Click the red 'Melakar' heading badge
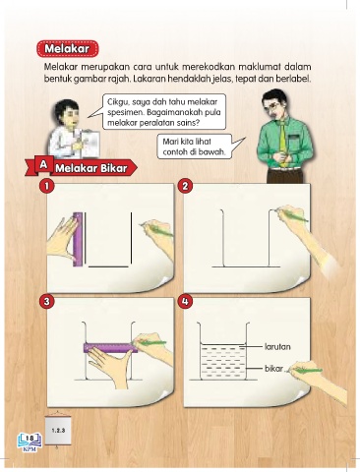[67, 49]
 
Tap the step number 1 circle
[47, 186]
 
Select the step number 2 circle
[185, 186]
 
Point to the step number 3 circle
[47, 302]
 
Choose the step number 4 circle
[185, 302]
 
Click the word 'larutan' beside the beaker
[277, 347]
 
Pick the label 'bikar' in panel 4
[273, 369]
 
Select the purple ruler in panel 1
[78, 239]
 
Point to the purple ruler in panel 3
[110, 347]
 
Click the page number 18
[30, 439]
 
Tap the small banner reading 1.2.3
[58, 430]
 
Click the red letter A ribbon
[43, 165]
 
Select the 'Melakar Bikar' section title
[91, 168]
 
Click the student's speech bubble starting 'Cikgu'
[164, 112]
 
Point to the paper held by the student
[90, 144]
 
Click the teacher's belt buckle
[284, 168]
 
